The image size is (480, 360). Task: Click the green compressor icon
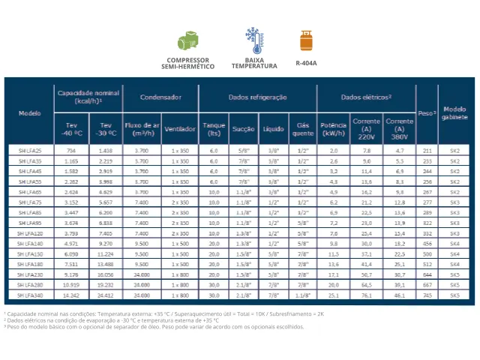point(187,40)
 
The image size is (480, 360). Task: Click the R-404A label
point(305,63)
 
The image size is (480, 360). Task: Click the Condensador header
point(160,97)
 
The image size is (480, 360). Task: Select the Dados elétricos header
point(367,97)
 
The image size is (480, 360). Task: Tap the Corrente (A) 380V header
point(400,127)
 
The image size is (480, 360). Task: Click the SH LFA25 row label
point(30,151)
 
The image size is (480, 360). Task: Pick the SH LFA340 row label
point(30,296)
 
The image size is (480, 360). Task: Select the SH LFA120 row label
point(30,234)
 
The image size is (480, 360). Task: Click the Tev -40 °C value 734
point(72,151)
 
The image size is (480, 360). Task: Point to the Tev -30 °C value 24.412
point(106,296)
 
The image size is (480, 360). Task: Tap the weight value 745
point(427,296)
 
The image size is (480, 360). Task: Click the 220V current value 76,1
point(367,296)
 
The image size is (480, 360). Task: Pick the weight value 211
point(427,151)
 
